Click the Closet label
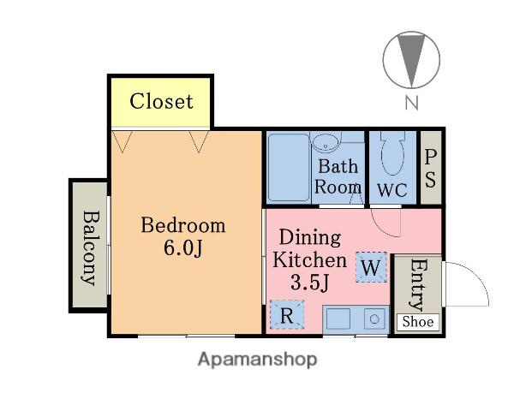point(161,101)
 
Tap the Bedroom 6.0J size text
point(183,247)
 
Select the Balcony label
point(90,247)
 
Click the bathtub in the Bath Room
point(289,167)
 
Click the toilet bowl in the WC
point(392,153)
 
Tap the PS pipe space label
point(430,168)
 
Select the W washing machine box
point(372,267)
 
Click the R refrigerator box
point(287,315)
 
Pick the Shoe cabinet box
point(418,322)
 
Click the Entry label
point(419,284)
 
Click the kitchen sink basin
point(338,319)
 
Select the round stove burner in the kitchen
point(374,319)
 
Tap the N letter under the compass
point(412,102)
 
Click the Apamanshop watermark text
point(257,360)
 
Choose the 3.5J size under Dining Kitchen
point(310,283)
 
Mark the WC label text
point(392,190)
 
